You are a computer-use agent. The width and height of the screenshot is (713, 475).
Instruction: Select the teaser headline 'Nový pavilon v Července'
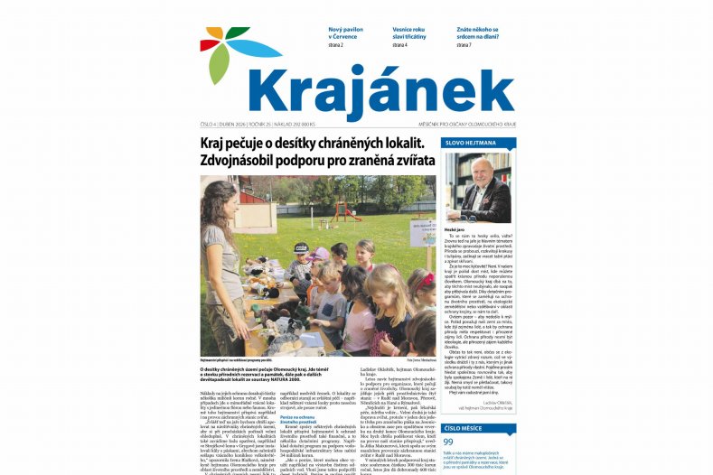(346, 33)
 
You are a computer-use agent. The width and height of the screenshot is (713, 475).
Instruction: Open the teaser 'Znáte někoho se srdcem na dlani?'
(477, 33)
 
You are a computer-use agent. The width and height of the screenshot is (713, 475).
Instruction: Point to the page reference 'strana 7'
(464, 44)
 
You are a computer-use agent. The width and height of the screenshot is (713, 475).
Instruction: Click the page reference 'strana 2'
(335, 44)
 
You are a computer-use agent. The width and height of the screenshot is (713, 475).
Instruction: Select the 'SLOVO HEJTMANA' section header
(470, 144)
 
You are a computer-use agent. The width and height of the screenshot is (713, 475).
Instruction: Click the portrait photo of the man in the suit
(478, 188)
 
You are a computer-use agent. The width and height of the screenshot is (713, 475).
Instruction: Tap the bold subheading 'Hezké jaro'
(455, 230)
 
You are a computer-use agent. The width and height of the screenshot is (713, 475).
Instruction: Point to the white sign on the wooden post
(421, 233)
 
